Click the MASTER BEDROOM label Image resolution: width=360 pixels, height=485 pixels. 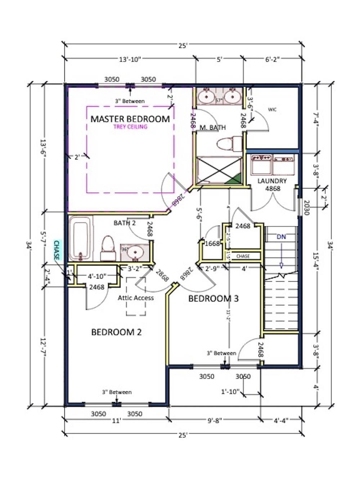[x=130, y=119]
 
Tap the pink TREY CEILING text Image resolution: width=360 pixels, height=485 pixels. [x=130, y=127]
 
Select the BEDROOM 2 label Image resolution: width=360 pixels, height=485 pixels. [x=116, y=332]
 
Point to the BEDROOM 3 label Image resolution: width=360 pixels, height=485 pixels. [x=213, y=298]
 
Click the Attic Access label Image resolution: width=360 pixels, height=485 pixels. [x=136, y=298]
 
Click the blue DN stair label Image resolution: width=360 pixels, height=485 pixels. [x=281, y=237]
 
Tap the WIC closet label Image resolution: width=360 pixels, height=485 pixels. [x=272, y=109]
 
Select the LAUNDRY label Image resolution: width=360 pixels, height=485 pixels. [x=272, y=181]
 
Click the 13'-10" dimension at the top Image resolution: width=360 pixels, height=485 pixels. [x=130, y=60]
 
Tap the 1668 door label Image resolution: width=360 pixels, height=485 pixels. [x=212, y=244]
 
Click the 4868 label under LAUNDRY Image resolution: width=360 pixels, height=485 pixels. [x=272, y=188]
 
